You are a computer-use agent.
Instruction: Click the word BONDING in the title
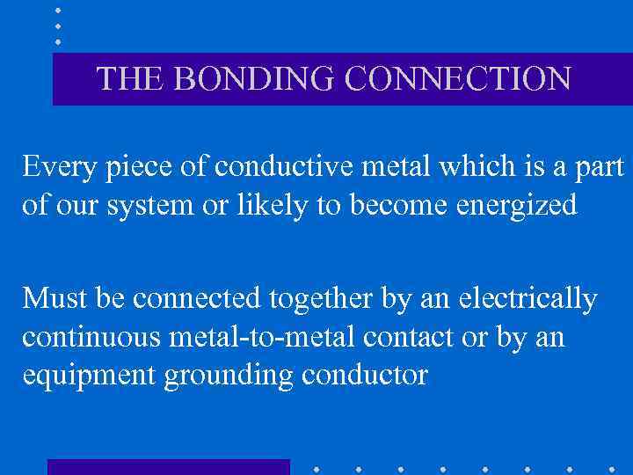pyautogui.click(x=254, y=79)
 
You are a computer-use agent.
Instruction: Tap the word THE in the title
pyautogui.click(x=130, y=79)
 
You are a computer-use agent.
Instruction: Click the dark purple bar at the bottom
pyautogui.click(x=168, y=467)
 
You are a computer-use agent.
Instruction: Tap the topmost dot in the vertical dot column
pyautogui.click(x=57, y=11)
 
